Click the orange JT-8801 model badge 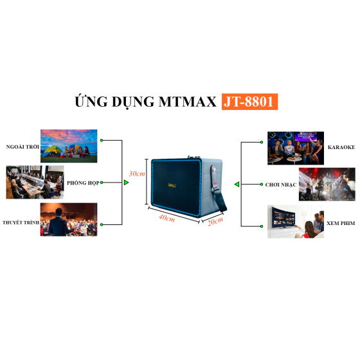coord(249,102)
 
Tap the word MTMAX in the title coord(188,102)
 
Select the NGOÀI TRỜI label coord(22,147)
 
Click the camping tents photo coord(69,146)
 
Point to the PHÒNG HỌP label coord(83,183)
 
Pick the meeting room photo coord(35,182)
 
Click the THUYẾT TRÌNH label coord(21,222)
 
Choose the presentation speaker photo coord(69,219)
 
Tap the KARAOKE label coord(341,147)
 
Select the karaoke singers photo coord(296,148)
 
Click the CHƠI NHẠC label coord(281,185)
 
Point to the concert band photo coord(327,184)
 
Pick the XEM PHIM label coord(341,223)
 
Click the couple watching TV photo coord(296,222)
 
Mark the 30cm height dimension coord(137,174)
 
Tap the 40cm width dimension coord(167,218)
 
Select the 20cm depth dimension coord(215,222)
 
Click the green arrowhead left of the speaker coord(126,183)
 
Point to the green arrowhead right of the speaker coord(237,184)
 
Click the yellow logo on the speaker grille coord(172,185)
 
